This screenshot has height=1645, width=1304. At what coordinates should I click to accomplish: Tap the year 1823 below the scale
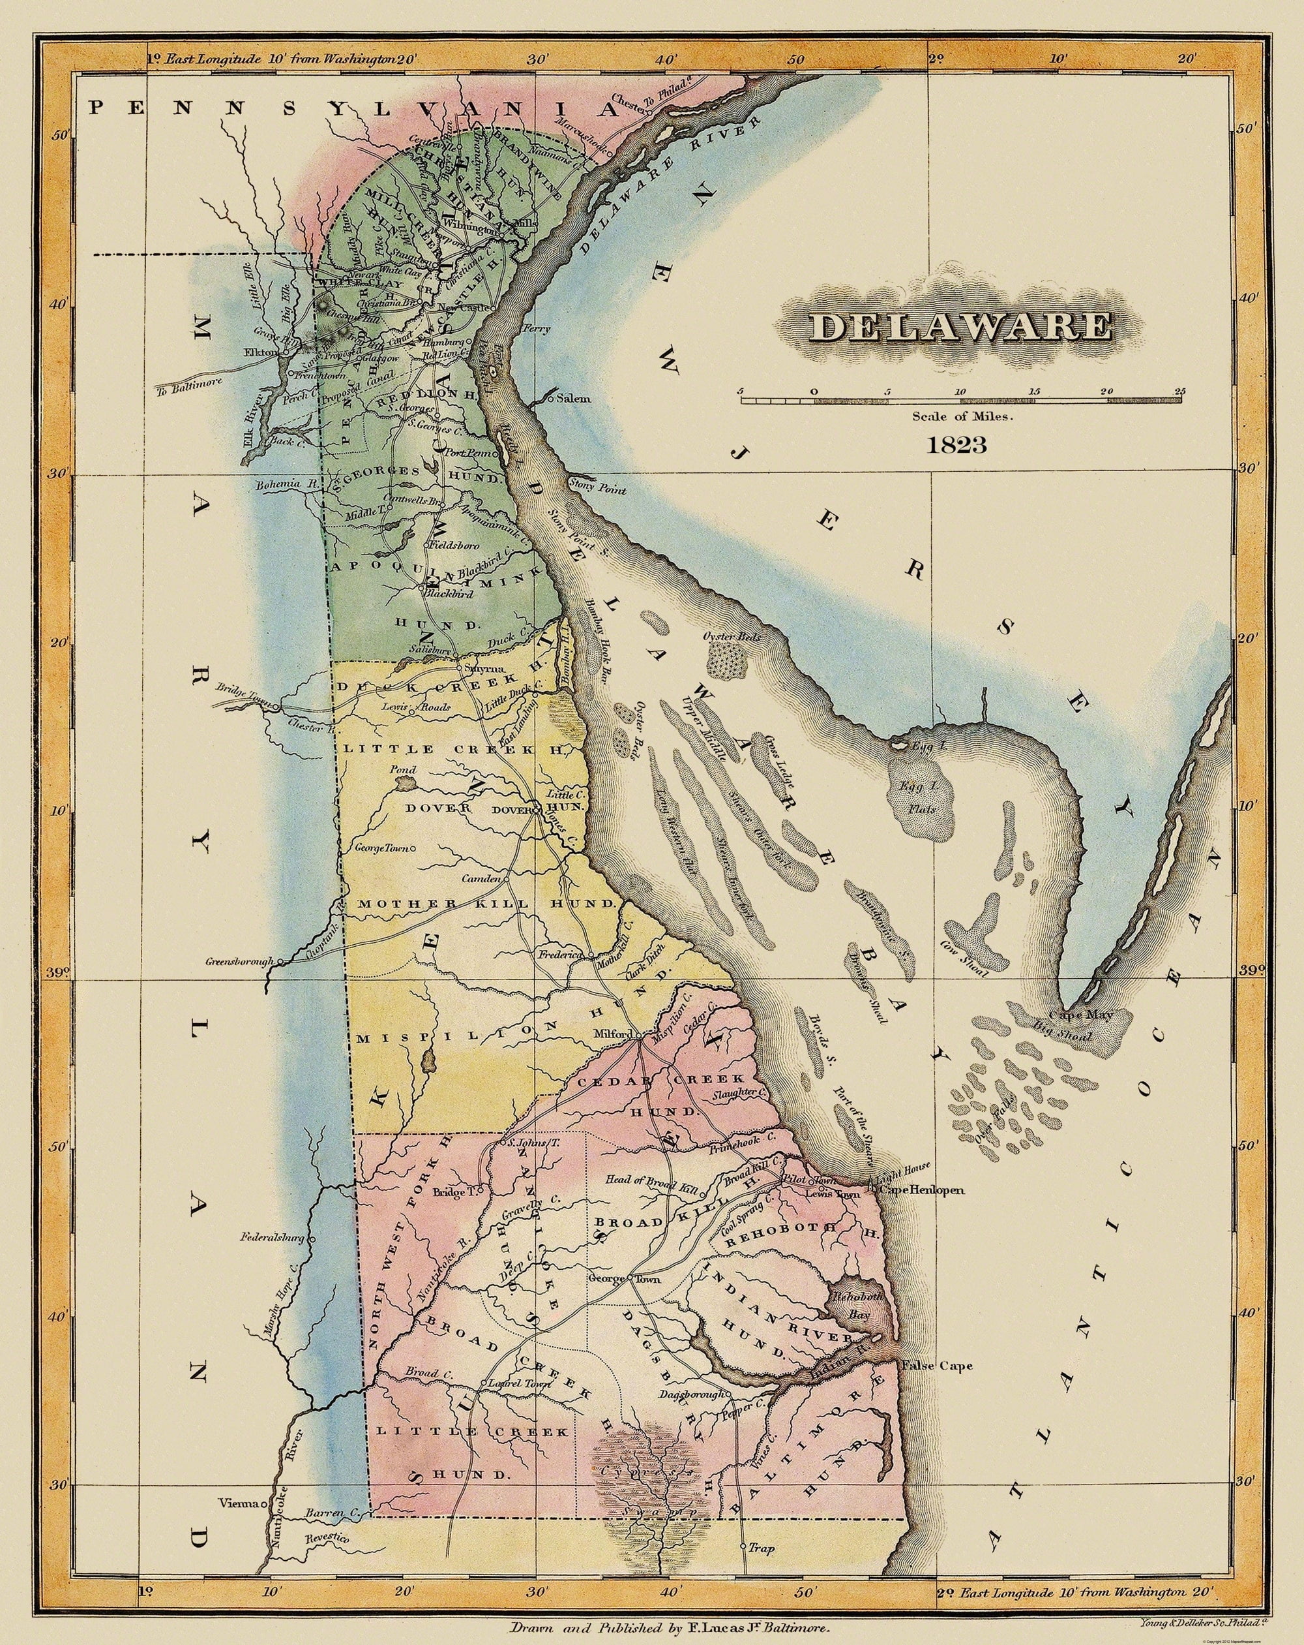[956, 445]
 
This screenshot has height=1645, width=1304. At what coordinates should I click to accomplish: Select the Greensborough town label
[239, 962]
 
